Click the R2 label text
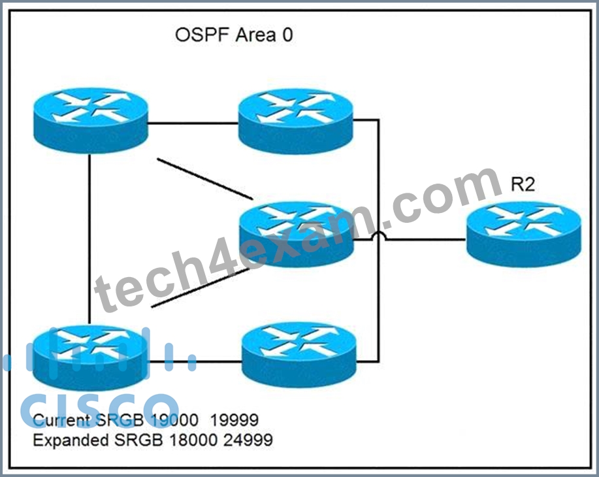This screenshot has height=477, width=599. (x=523, y=185)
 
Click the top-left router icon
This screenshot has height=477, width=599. (x=91, y=121)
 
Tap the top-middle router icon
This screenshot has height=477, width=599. (x=296, y=121)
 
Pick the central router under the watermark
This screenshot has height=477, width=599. (x=296, y=235)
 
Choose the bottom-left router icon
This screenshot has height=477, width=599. (x=91, y=358)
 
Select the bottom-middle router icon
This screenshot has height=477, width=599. (x=299, y=355)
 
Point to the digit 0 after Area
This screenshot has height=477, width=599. (x=287, y=35)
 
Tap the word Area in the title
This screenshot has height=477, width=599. (x=255, y=35)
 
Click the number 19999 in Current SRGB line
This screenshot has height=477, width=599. (x=235, y=420)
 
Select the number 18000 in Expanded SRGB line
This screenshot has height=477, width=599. (x=193, y=440)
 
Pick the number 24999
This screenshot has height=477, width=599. (x=248, y=440)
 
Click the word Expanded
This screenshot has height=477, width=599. (x=71, y=440)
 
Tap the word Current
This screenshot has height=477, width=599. (x=62, y=420)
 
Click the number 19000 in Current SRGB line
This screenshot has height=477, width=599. (x=174, y=420)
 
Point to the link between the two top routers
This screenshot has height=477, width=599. (x=193, y=123)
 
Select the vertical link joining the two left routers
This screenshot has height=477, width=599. (x=89, y=239)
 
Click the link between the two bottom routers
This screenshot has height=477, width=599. (x=195, y=361)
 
